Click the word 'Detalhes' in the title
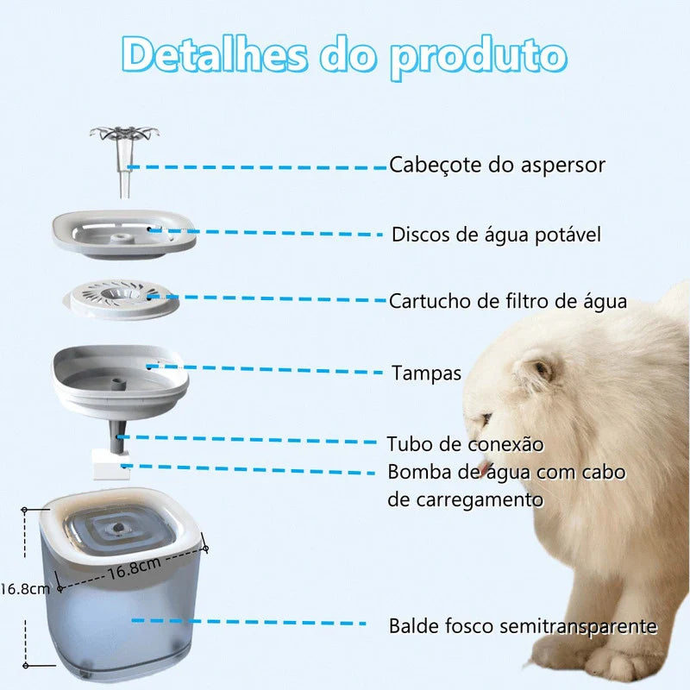pyautogui.click(x=214, y=55)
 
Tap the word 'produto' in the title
pyautogui.click(x=479, y=59)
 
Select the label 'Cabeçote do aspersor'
pyautogui.click(x=497, y=165)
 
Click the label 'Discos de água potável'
pyautogui.click(x=496, y=235)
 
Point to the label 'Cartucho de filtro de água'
pyautogui.click(x=508, y=301)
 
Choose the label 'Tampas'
pyautogui.click(x=426, y=373)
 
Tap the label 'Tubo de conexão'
pyautogui.click(x=465, y=444)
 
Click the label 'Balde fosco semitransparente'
pyautogui.click(x=523, y=626)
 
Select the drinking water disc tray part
pyautogui.click(x=124, y=235)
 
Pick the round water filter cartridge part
pyautogui.click(x=121, y=298)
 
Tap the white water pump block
pyautogui.click(x=111, y=466)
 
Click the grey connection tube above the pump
pyautogui.click(x=118, y=438)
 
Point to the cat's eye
pyautogui.click(x=541, y=369)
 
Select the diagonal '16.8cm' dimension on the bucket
pyautogui.click(x=135, y=568)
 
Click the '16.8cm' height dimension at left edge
pyautogui.click(x=25, y=589)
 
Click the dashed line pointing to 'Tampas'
pyautogui.click(x=267, y=369)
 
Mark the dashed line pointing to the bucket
pyautogui.click(x=248, y=622)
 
